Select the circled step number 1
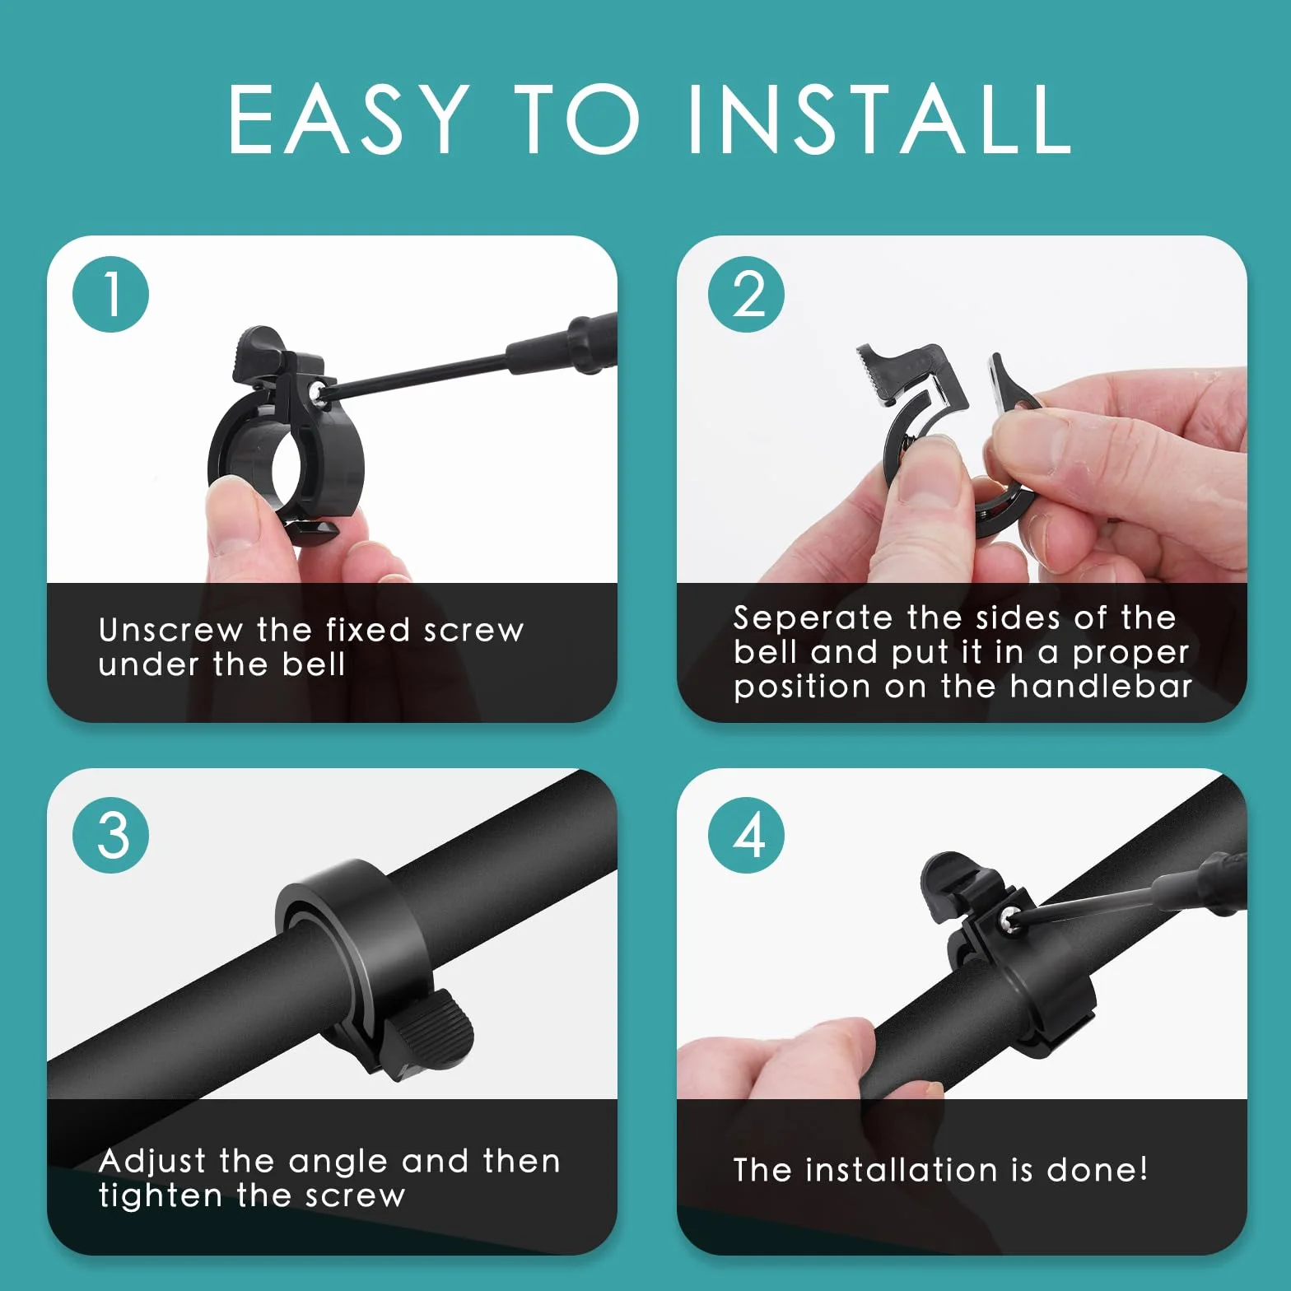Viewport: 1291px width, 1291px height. pyautogui.click(x=111, y=295)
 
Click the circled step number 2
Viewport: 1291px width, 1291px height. pyautogui.click(x=746, y=295)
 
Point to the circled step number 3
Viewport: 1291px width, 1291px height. pyautogui.click(x=111, y=835)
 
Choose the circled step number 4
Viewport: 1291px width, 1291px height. pyautogui.click(x=746, y=835)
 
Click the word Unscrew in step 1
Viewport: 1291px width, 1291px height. pyautogui.click(x=170, y=630)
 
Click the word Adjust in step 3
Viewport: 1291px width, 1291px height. pyautogui.click(x=151, y=1161)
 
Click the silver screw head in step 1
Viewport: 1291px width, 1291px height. pyautogui.click(x=316, y=392)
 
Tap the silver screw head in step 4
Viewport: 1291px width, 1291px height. pyautogui.click(x=1009, y=920)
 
